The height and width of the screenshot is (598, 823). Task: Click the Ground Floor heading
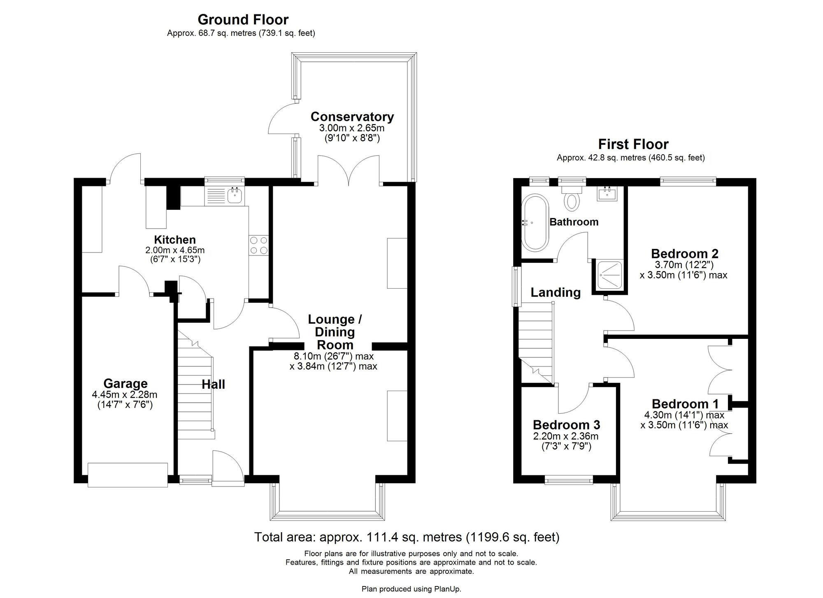pos(243,20)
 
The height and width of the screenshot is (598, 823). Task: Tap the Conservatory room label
pos(352,117)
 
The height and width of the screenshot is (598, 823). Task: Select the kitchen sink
pos(235,196)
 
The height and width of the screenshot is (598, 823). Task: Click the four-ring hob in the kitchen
pos(258,245)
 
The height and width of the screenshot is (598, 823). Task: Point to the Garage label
pos(125,383)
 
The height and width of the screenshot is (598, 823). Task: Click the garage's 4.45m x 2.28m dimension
pos(125,395)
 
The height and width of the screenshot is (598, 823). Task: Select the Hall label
pos(213,385)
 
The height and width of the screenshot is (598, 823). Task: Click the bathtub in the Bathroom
pos(534,223)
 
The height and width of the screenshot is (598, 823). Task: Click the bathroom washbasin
pos(607,194)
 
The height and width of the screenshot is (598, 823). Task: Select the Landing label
pos(555,292)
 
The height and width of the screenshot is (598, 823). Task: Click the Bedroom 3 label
pos(566,424)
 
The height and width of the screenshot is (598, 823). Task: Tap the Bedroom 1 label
pos(685,404)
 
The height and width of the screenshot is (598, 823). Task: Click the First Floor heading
pos(633,144)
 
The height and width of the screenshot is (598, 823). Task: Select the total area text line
pos(407,537)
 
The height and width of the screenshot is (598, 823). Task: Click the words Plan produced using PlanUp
pos(411,589)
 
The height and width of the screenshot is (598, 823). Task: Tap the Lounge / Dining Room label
pos(335,332)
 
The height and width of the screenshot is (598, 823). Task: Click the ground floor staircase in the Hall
pos(195,391)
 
